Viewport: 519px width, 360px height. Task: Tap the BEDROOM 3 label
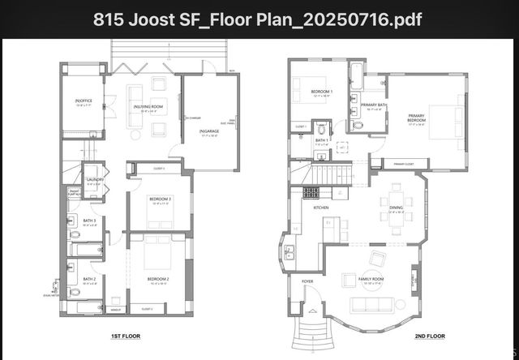159,200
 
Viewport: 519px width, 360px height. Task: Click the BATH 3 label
89,221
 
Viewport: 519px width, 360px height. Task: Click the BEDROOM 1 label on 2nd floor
323,92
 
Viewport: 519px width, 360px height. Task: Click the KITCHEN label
320,208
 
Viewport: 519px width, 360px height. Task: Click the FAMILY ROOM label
372,280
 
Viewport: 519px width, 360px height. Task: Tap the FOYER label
307,281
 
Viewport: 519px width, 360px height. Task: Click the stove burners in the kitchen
311,193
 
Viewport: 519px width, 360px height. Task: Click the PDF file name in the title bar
259,18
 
